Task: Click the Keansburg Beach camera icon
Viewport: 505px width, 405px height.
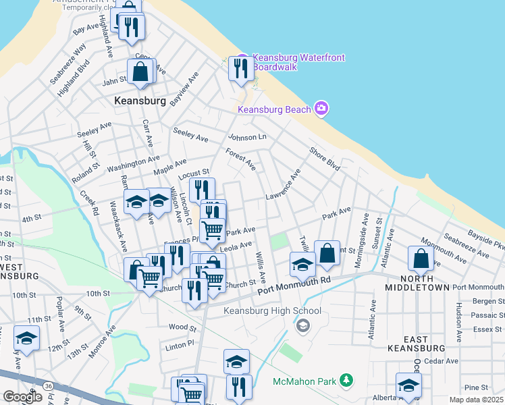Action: point(321,109)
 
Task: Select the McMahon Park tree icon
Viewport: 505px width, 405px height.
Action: point(346,381)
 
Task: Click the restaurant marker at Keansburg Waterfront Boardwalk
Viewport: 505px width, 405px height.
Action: point(240,67)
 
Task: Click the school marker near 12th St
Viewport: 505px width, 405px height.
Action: point(26,339)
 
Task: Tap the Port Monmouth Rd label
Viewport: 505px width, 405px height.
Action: point(295,286)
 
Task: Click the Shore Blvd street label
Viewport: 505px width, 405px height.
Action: point(324,159)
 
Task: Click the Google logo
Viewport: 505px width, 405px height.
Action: point(22,396)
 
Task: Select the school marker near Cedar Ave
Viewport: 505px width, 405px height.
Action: point(408,385)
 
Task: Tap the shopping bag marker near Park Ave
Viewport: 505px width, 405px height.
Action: point(327,254)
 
